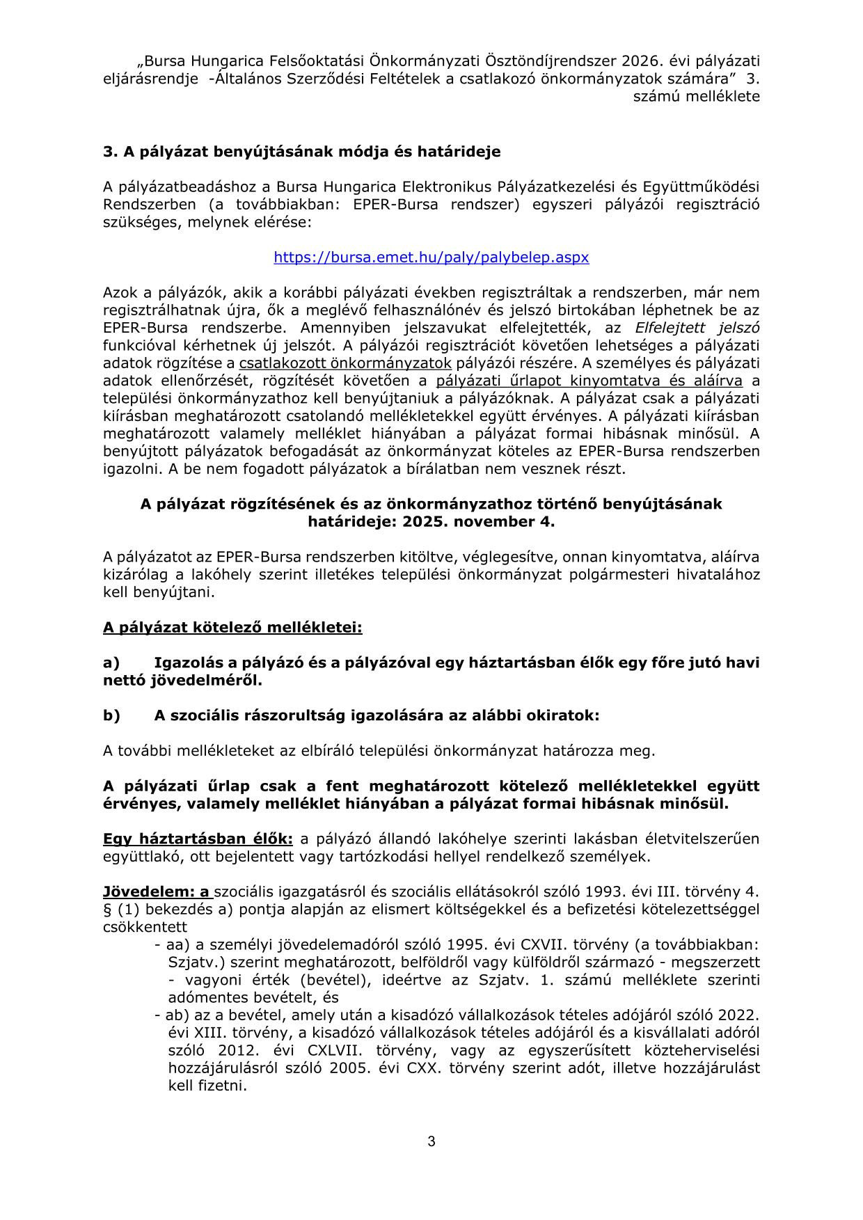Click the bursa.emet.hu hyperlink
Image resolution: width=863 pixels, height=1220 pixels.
click(431, 258)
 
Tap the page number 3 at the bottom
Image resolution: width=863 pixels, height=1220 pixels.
click(431, 1141)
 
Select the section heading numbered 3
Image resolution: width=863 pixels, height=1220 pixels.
click(301, 152)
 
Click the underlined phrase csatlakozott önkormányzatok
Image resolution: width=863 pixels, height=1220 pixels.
click(345, 363)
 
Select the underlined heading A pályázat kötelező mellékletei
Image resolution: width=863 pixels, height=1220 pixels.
click(232, 628)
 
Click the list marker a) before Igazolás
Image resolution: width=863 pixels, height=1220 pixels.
click(111, 663)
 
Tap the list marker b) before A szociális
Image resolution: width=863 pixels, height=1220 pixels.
click(111, 715)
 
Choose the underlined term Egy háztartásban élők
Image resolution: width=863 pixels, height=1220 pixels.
click(198, 839)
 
